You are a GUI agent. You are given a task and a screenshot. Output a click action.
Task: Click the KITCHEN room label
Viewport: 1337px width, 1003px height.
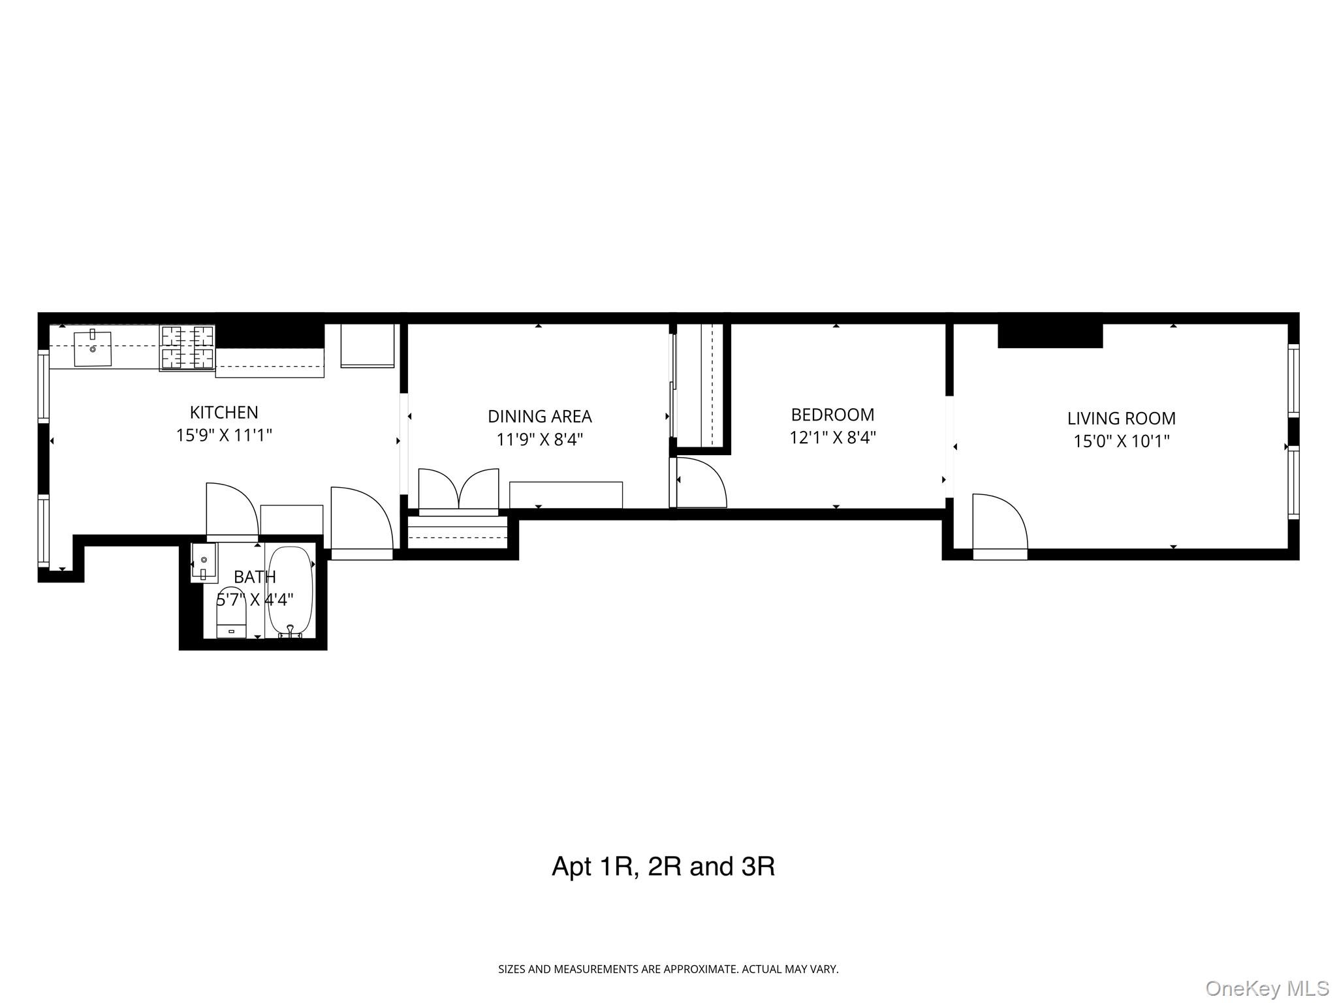click(224, 412)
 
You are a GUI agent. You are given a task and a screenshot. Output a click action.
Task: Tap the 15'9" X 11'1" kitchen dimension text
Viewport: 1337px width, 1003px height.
click(224, 435)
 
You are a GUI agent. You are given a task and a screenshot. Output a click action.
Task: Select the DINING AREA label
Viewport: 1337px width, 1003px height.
click(539, 416)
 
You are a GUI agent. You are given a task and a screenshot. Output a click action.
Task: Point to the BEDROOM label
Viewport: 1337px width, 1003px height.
click(832, 415)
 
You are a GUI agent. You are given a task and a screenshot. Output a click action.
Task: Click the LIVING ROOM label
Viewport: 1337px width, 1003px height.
click(1121, 418)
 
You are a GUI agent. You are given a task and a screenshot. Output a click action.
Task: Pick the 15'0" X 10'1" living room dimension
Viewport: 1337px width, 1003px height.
click(1121, 441)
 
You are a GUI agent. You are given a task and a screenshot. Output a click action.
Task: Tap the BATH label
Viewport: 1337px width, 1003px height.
click(255, 577)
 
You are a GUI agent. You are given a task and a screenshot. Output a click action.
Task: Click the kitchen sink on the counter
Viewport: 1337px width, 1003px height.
click(92, 349)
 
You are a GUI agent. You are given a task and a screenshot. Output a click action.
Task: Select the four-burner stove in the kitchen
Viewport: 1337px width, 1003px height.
click(187, 347)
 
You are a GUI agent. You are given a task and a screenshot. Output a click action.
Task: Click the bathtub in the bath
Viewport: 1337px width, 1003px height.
click(291, 591)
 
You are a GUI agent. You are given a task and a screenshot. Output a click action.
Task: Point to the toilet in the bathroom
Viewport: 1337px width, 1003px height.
click(231, 614)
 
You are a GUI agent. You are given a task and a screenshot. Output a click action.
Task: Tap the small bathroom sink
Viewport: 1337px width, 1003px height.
click(203, 562)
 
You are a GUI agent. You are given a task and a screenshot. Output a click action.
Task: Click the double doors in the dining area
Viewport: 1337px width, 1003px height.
click(458, 490)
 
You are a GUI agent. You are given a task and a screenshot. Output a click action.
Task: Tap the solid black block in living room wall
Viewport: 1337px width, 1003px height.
click(1050, 336)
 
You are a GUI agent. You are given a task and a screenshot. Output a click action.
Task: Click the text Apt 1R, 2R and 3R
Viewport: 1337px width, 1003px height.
click(663, 867)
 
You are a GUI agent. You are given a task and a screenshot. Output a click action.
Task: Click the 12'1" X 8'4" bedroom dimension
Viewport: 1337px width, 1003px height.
click(832, 438)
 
